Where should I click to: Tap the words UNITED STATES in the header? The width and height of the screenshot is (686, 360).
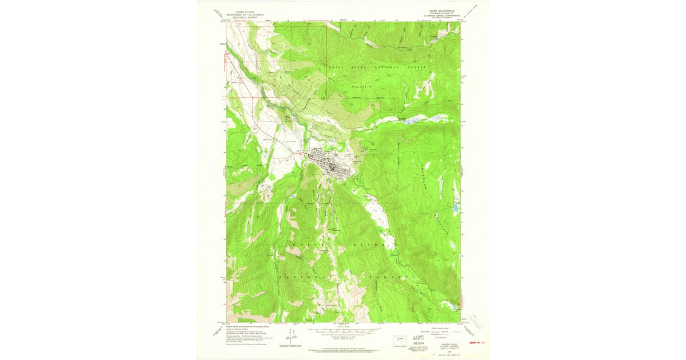point(242,10)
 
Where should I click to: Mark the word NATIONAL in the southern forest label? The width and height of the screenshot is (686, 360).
point(308,277)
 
